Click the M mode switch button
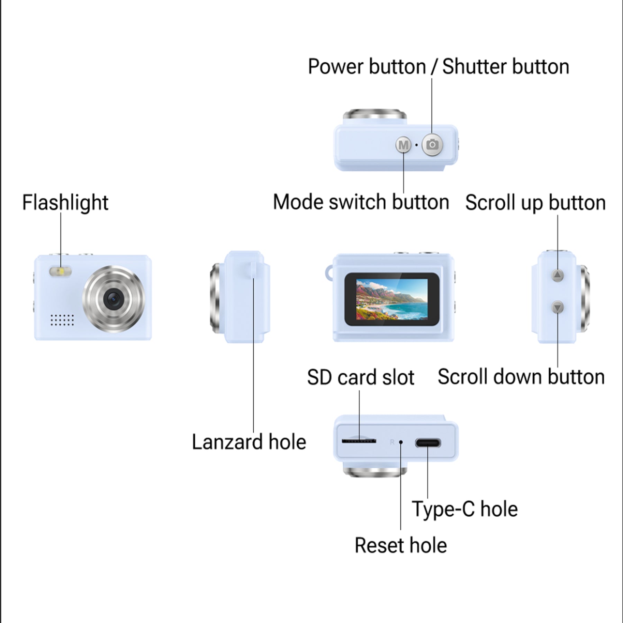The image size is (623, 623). tap(403, 145)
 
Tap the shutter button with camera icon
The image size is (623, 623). tap(432, 144)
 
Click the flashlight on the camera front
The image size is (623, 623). tap(61, 271)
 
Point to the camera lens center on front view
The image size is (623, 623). tap(113, 299)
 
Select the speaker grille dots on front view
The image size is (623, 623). tap(62, 320)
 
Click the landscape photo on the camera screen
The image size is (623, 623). tap(392, 299)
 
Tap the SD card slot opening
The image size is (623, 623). tap(359, 441)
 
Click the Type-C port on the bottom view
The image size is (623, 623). tap(428, 443)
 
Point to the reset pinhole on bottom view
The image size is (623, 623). tap(401, 442)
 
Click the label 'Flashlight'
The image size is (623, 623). tap(65, 202)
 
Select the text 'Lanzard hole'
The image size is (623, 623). tap(249, 442)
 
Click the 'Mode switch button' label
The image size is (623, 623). tap(361, 202)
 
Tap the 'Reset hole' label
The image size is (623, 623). tap(400, 545)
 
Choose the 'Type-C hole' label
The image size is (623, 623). tap(464, 509)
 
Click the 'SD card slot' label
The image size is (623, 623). tap(360, 377)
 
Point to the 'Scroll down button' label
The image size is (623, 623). tap(521, 377)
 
